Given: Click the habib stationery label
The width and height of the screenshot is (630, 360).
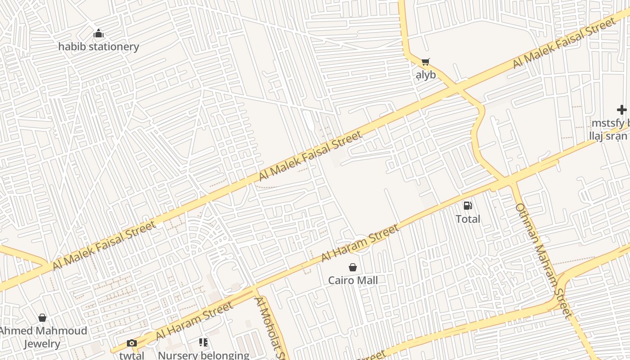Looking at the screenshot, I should click(x=99, y=46).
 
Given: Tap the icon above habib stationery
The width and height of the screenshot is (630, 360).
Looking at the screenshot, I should click(x=99, y=34).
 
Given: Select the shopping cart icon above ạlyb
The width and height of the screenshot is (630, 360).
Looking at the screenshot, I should click(x=425, y=62).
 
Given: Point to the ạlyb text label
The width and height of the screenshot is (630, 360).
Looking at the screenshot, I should click(x=426, y=75).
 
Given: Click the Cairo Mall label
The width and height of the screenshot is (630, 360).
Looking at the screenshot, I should click(x=353, y=280).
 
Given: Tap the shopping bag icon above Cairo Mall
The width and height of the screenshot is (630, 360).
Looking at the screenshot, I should click(x=353, y=267).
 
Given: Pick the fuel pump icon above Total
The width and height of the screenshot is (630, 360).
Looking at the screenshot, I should click(x=468, y=206).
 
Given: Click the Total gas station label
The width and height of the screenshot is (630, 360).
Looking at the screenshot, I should click(x=468, y=219).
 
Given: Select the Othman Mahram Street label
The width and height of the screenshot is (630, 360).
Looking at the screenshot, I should click(x=543, y=261).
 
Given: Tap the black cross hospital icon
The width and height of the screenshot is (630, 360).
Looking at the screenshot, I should click(x=621, y=110).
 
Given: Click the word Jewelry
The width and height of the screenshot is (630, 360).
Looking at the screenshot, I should click(x=42, y=344).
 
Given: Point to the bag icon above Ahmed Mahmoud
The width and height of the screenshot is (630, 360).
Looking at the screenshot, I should click(x=42, y=318).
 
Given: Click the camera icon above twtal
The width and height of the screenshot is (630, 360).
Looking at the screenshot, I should click(x=131, y=343).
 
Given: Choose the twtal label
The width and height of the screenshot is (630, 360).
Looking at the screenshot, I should click(x=132, y=355).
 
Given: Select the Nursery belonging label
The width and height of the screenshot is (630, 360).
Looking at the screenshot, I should click(x=203, y=355).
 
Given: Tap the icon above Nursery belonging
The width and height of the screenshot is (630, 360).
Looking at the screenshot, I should click(x=203, y=343).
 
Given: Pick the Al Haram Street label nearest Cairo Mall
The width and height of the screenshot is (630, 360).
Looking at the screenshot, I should click(x=360, y=243).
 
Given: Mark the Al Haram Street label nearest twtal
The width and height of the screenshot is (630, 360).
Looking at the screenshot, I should click(x=194, y=321).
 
